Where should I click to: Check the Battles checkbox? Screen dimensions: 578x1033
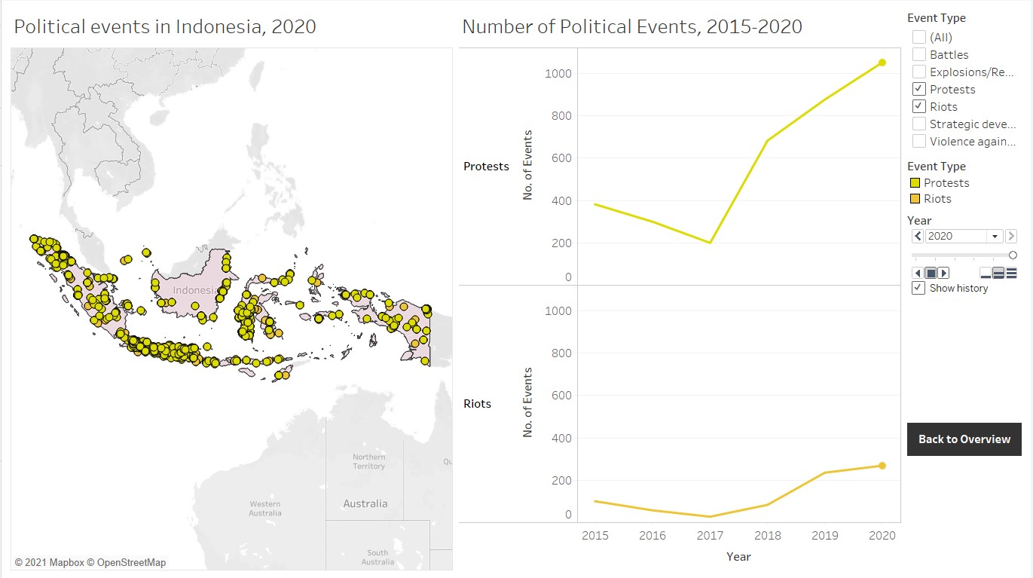click(919, 54)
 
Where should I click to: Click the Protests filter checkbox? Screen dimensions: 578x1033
click(919, 89)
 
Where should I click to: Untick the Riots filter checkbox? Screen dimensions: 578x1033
click(919, 106)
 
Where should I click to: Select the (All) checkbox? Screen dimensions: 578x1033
click(919, 37)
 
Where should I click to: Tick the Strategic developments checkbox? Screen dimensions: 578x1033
click(919, 124)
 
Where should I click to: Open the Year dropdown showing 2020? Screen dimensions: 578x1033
click(995, 236)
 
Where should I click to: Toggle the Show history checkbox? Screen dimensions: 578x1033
click(918, 288)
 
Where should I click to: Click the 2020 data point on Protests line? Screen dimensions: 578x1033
click(882, 63)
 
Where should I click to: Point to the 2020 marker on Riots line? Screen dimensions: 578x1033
click(882, 466)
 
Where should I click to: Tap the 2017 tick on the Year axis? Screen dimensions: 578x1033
click(710, 535)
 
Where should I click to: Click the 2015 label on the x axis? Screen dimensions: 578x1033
click(595, 535)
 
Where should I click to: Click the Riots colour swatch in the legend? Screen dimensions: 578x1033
click(915, 199)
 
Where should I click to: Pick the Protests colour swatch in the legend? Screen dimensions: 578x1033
click(915, 183)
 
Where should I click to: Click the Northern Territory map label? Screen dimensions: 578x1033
click(368, 461)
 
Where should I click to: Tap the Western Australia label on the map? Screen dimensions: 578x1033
click(265, 509)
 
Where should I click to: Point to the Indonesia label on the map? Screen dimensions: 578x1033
click(194, 290)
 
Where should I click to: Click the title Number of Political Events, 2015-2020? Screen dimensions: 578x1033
click(631, 27)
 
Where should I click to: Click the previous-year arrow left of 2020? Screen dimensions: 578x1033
click(917, 236)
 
